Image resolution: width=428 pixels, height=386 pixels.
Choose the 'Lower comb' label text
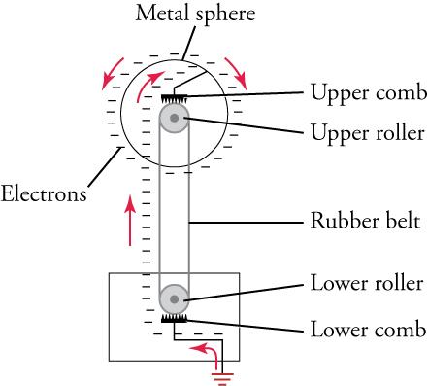tap(367, 328)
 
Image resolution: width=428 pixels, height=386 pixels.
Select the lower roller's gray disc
tap(175, 298)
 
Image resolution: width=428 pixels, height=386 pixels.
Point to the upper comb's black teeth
tap(175, 98)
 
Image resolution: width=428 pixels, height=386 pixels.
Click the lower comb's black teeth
tap(175, 318)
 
